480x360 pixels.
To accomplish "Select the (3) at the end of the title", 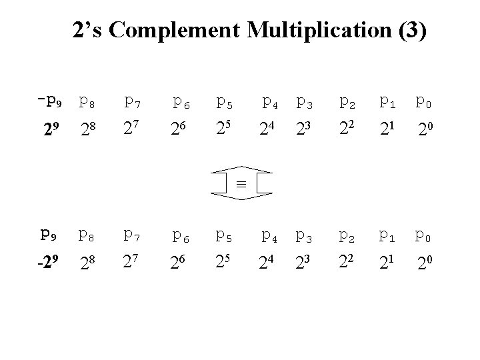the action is click(410, 31).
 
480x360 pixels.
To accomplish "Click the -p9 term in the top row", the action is click(51, 102).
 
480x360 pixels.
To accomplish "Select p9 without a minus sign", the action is click(49, 235).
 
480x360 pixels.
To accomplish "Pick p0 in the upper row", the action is click(423, 102).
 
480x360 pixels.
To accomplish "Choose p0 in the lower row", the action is click(423, 235).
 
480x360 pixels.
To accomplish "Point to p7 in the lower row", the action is click(131, 235).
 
